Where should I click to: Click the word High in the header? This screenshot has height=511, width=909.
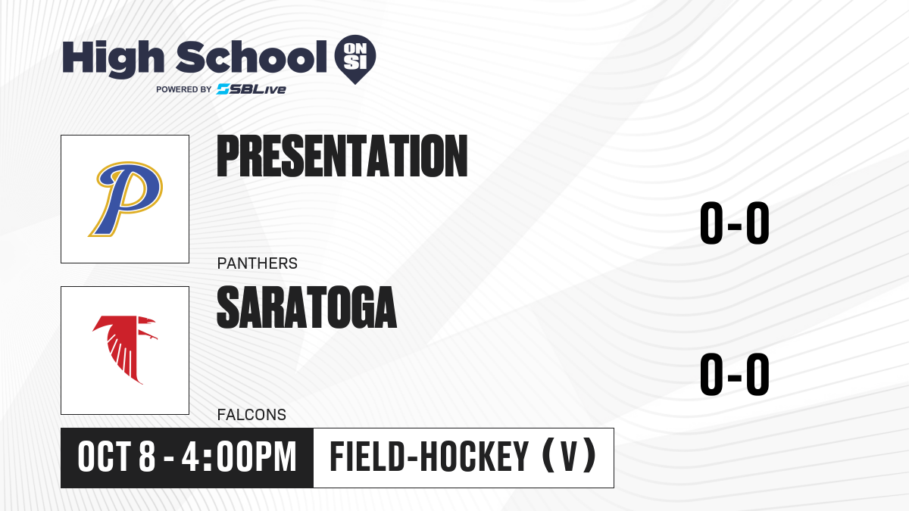pyautogui.click(x=113, y=58)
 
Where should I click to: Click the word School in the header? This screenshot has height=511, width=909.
pyautogui.click(x=251, y=57)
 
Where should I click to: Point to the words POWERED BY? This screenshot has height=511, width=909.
pyautogui.click(x=184, y=89)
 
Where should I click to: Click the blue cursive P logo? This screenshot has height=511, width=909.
pyautogui.click(x=126, y=198)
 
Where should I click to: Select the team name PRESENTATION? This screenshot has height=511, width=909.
pyautogui.click(x=342, y=156)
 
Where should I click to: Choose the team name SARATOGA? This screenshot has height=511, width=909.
pyautogui.click(x=307, y=307)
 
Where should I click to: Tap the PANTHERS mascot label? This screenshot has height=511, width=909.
pyautogui.click(x=258, y=263)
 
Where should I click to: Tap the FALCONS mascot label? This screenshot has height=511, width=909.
pyautogui.click(x=251, y=415)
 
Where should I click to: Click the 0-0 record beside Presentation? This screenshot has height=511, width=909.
pyautogui.click(x=735, y=223)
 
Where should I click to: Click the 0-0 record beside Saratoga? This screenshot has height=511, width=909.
pyautogui.click(x=735, y=374)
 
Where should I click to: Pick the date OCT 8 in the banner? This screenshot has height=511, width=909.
pyautogui.click(x=117, y=457)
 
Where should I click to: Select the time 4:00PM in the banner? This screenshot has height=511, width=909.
pyautogui.click(x=239, y=457)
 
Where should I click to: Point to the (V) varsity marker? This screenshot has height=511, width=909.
pyautogui.click(x=570, y=456)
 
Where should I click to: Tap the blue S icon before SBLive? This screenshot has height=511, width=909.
pyautogui.click(x=223, y=89)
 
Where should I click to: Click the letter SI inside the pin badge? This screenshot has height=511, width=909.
pyautogui.click(x=355, y=63)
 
